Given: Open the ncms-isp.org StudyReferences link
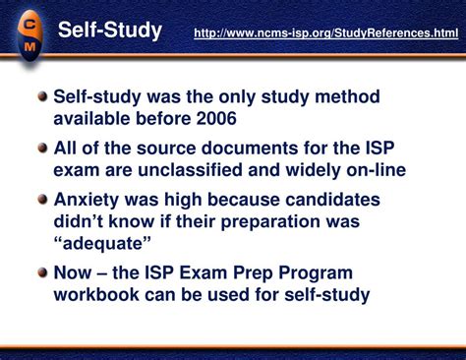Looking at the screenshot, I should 325,33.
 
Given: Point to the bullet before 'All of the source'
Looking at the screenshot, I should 40,149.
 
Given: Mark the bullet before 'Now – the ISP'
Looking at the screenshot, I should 40,272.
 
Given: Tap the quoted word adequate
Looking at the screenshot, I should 102,243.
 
